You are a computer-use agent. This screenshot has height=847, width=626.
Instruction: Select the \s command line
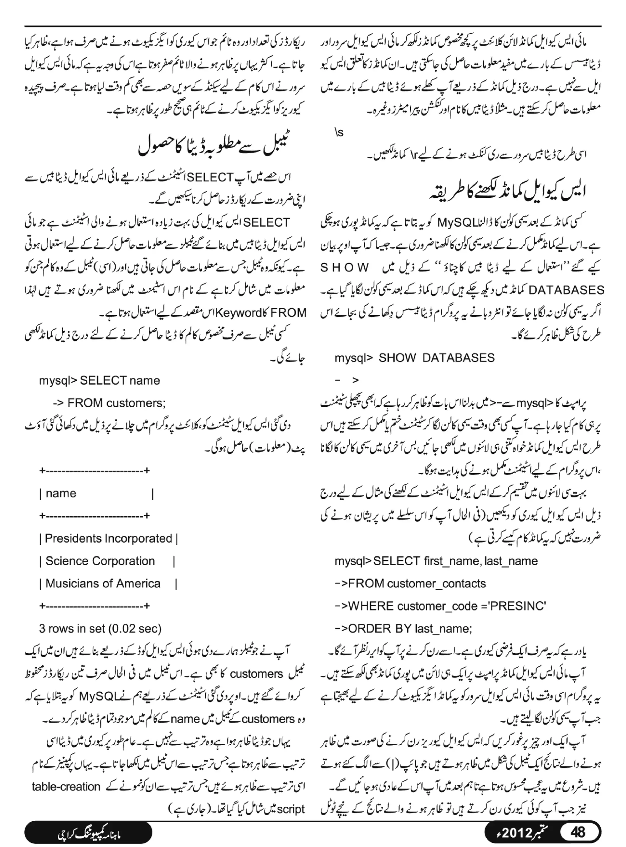coord(339,133)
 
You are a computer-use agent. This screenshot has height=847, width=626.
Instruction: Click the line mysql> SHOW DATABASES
coord(414,358)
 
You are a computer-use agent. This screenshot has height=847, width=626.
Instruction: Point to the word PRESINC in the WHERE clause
coord(517,607)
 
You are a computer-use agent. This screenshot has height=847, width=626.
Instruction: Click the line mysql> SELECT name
coord(99,381)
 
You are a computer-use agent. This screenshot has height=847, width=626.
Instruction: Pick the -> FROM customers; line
coord(109,403)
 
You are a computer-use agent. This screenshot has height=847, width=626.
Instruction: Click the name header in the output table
coord(61,493)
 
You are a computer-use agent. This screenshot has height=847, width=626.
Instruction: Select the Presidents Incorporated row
coord(109,539)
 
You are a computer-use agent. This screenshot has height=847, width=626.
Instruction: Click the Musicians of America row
coord(103,584)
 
